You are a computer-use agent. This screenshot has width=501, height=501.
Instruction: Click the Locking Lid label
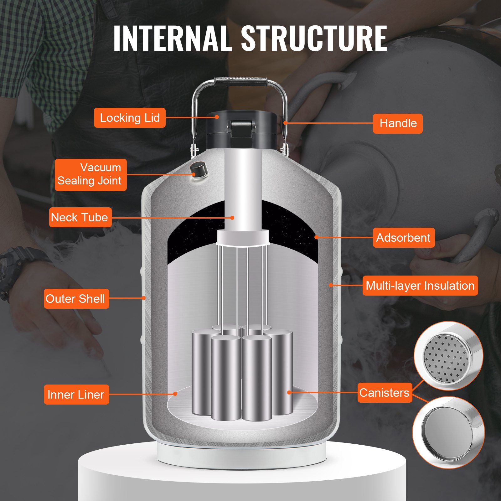pos(130,118)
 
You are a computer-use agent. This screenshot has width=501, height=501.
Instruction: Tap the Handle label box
pos(398,123)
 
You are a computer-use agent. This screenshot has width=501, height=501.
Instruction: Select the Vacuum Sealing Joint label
pos(90,174)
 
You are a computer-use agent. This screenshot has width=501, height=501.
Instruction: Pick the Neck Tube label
pos(80,217)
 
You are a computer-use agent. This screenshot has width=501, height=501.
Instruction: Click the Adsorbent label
pos(403,238)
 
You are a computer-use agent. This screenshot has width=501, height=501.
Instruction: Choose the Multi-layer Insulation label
pos(420,286)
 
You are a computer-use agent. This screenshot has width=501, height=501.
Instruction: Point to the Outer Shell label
pos(76,298)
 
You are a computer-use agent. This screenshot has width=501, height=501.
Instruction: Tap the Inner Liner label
pos(76,394)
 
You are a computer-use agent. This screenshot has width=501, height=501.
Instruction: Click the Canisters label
pos(385,392)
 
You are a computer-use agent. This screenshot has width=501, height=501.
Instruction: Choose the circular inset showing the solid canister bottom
pos(448,432)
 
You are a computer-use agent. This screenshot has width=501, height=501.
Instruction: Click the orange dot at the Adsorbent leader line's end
pos(316,237)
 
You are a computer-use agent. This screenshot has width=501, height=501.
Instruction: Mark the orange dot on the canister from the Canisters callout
pos(289,392)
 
